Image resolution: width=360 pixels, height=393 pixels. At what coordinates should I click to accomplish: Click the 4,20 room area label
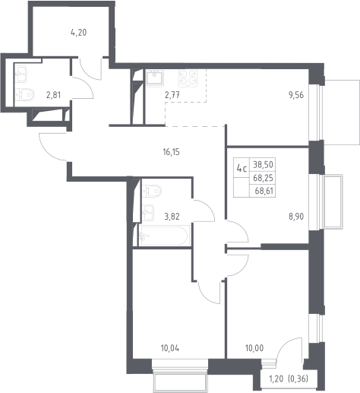pyautogui.click(x=79, y=33)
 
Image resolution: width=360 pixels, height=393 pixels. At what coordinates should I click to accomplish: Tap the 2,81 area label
pyautogui.click(x=53, y=95)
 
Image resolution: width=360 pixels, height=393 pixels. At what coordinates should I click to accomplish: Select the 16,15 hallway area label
pyautogui.click(x=172, y=152)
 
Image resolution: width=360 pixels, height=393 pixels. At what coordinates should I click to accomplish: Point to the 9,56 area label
pyautogui.click(x=295, y=95)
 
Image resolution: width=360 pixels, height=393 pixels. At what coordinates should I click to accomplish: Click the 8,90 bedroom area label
pyautogui.click(x=296, y=217)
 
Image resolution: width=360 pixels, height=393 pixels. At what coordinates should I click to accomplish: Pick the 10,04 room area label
pyautogui.click(x=170, y=348)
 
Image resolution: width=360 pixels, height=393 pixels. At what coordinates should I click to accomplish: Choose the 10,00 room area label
pyautogui.click(x=254, y=348)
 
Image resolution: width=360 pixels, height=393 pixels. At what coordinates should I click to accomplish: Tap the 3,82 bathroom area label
pyautogui.click(x=172, y=217)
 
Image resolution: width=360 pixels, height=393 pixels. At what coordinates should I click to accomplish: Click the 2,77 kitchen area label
pyautogui.click(x=172, y=95)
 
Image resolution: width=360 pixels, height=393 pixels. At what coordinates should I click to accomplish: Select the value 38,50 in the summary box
pyautogui.click(x=263, y=165)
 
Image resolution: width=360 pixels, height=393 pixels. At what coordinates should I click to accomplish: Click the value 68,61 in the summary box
pyautogui.click(x=264, y=191)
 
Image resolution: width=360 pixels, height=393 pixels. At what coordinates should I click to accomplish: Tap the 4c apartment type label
pyautogui.click(x=242, y=168)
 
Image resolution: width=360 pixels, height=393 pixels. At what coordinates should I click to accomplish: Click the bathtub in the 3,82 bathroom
pyautogui.click(x=163, y=236)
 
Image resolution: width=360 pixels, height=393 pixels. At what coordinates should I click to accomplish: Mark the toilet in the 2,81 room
pyautogui.click(x=24, y=94)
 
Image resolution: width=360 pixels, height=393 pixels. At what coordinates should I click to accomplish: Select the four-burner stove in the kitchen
pyautogui.click(x=188, y=78)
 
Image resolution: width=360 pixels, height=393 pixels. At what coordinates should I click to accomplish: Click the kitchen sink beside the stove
pyautogui.click(x=155, y=78)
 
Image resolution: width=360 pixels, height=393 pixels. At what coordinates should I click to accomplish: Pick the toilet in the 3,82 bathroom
pyautogui.click(x=152, y=191)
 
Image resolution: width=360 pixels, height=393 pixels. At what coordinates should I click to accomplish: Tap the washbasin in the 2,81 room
pyautogui.click(x=21, y=74)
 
